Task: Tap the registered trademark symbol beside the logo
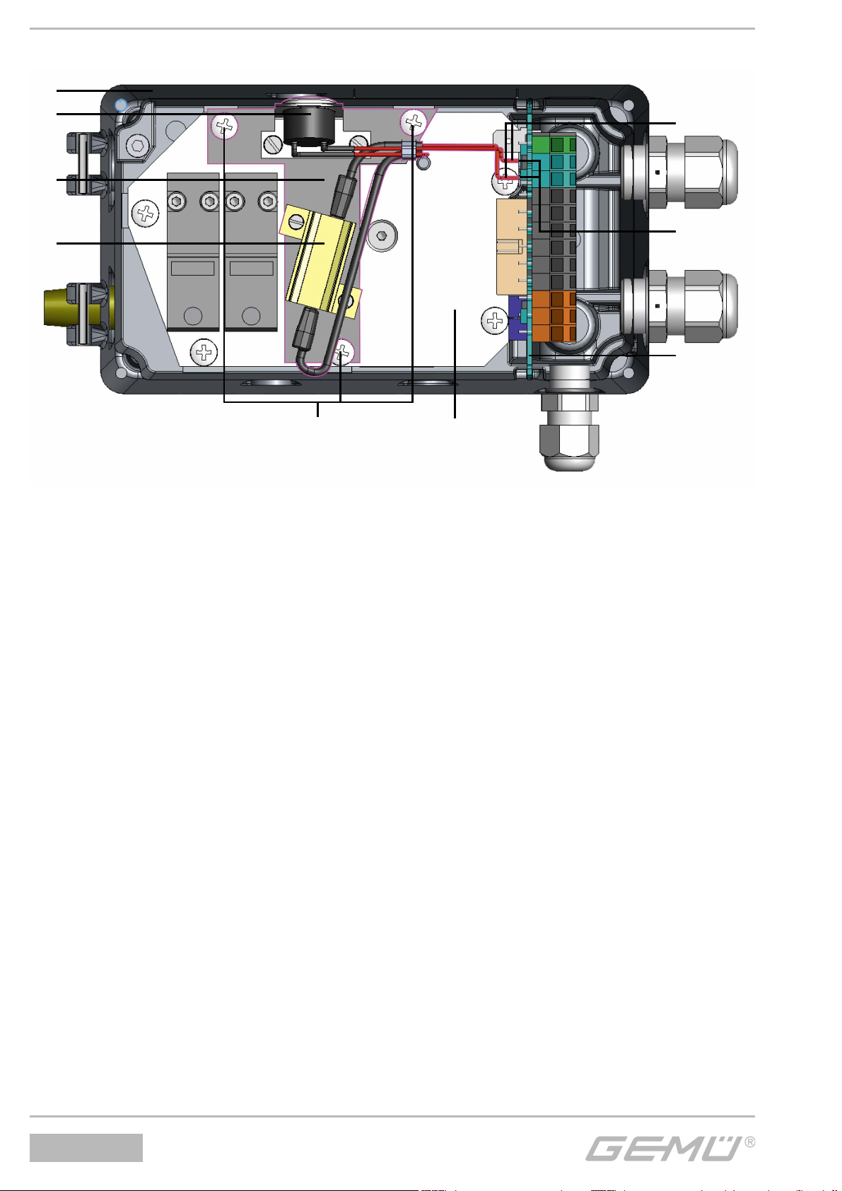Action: [x=749, y=1142]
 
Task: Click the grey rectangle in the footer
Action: [x=86, y=1148]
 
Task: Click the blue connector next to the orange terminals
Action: [x=516, y=317]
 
